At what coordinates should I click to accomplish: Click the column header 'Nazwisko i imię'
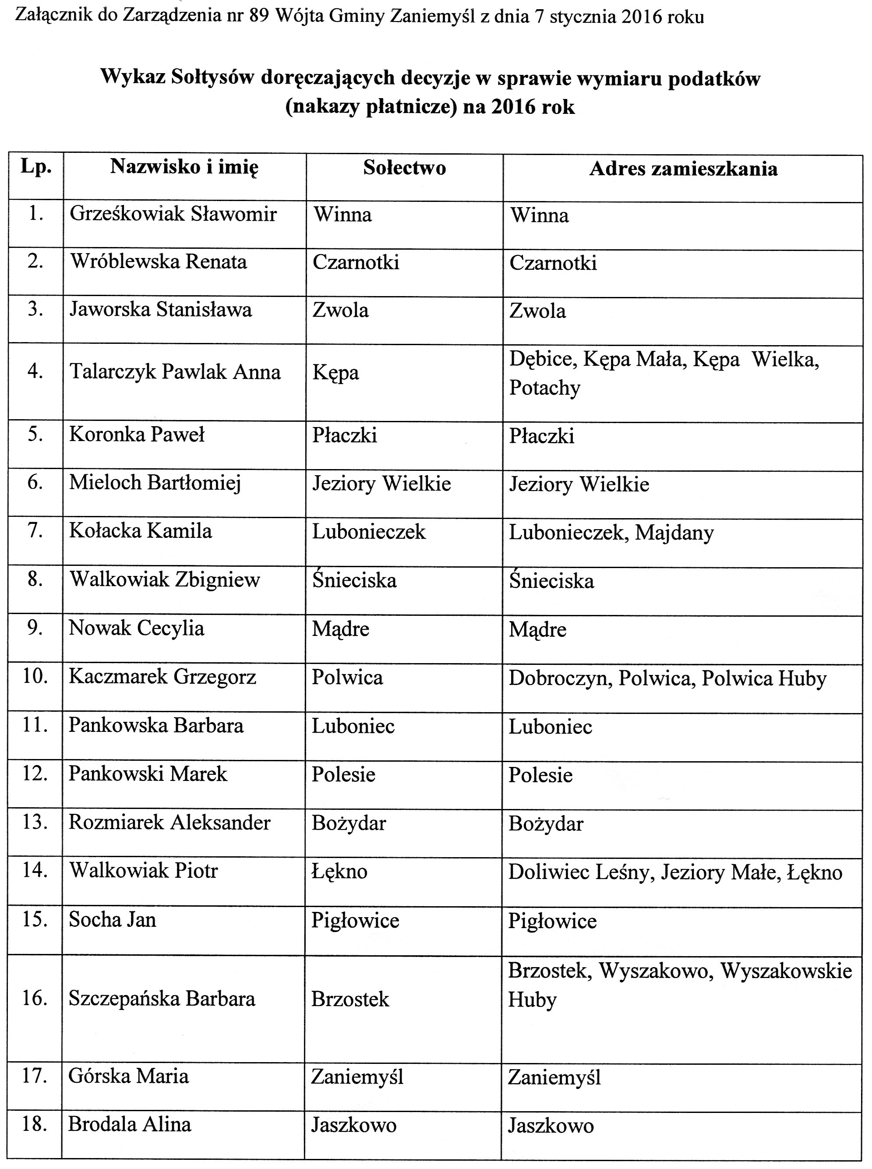pos(184,167)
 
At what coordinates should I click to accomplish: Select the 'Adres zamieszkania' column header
pos(683,169)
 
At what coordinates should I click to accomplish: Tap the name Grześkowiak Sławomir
pos(173,214)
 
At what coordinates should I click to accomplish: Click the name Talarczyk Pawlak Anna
pos(175,372)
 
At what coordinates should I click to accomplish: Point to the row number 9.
pos(35,628)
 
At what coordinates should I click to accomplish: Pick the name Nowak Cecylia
pos(136,629)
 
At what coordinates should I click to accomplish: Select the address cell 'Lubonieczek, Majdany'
pos(611,533)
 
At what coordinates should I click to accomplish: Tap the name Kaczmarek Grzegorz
pos(162,677)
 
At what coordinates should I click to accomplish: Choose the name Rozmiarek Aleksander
pos(169,822)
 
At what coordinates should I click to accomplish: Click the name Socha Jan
pos(113,920)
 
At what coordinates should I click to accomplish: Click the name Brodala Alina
pos(129,1125)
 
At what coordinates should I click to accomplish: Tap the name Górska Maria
pos(128,1076)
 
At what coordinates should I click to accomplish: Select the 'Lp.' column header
pos(36,167)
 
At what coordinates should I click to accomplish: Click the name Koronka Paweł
pos(137,434)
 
